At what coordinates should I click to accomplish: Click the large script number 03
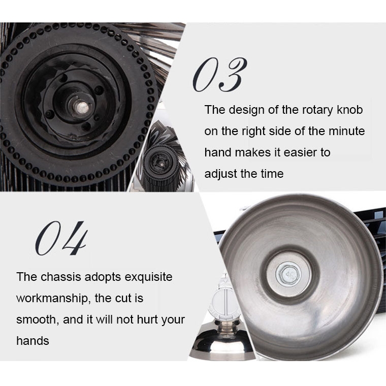point(219,75)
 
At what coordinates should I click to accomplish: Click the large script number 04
point(61,238)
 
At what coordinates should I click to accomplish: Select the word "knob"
point(350,110)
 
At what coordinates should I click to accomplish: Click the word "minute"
point(346,131)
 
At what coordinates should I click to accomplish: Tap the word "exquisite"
point(148,277)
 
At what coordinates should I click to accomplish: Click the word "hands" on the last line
point(33,341)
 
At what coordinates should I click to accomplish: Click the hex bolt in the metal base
point(288,274)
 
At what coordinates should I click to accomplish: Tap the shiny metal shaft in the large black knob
point(80,107)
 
